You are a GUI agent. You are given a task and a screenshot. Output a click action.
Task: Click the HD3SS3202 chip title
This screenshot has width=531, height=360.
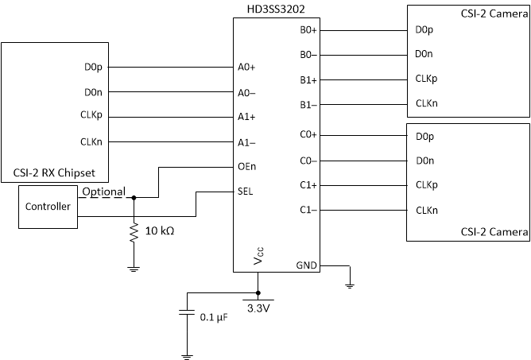[x=277, y=8]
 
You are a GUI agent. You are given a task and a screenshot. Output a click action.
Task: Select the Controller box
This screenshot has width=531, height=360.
[x=48, y=207]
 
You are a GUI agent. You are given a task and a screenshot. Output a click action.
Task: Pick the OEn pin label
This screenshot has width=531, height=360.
[x=246, y=167]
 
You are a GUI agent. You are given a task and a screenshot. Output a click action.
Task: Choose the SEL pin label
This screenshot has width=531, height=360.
[x=246, y=192]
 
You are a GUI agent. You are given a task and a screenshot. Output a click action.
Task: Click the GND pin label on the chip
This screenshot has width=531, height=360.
[x=306, y=265]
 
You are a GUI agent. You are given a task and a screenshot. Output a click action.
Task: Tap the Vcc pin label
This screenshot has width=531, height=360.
[x=258, y=258]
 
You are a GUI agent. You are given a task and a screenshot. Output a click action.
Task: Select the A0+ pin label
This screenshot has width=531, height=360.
[x=246, y=67]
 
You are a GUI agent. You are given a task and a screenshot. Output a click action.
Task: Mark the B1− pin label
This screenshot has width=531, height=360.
[x=308, y=104]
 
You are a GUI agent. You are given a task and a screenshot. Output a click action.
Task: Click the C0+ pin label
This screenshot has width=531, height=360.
[x=308, y=135]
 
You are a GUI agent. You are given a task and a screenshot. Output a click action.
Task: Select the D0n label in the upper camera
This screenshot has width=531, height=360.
[x=424, y=54]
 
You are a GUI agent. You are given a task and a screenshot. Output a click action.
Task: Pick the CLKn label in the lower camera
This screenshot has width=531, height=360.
[x=426, y=211]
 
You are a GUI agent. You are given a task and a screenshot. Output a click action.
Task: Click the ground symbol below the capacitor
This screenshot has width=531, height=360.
[x=186, y=354]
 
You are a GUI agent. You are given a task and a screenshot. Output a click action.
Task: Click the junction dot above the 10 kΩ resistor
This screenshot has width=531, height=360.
[x=134, y=198]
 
